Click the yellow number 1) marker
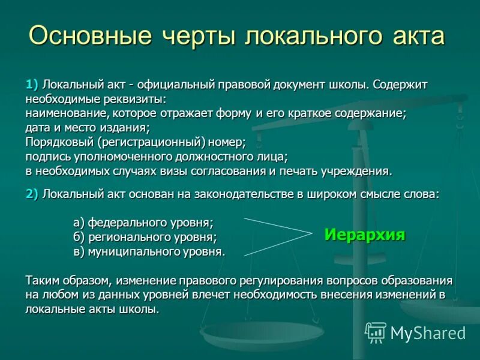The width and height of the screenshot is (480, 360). pos(32,84)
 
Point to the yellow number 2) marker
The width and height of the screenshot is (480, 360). pos(32,194)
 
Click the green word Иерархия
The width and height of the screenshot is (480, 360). pos(365,235)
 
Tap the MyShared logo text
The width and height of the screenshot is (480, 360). pos(428,333)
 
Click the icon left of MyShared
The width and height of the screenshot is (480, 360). pos(376,332)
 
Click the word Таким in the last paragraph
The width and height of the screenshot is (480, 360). pos(42,281)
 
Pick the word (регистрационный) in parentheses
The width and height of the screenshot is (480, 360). pos(148,142)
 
